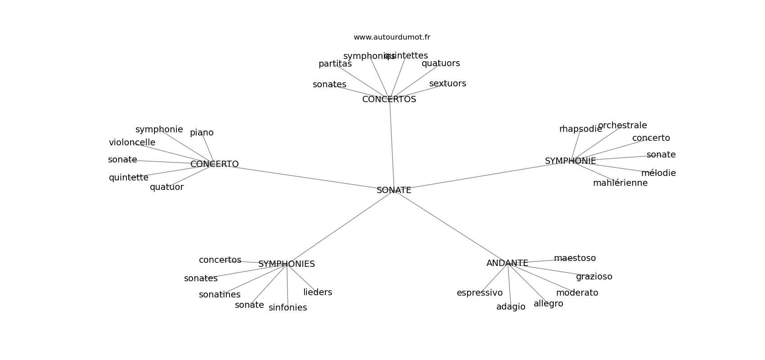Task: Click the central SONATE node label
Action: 394,190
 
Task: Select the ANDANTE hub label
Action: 507,263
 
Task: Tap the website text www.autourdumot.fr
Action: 391,37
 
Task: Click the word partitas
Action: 335,64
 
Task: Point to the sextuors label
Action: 447,84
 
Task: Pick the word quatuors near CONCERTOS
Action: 441,63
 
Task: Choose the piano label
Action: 202,133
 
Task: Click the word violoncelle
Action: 132,143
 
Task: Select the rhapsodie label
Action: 580,129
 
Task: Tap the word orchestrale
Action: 622,126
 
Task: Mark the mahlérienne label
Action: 620,183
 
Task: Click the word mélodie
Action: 658,173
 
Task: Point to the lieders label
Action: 318,292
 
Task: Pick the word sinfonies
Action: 288,308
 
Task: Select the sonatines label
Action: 220,295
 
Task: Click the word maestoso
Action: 575,258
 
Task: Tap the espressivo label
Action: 479,293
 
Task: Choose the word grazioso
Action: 594,277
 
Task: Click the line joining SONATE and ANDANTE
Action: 450,226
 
